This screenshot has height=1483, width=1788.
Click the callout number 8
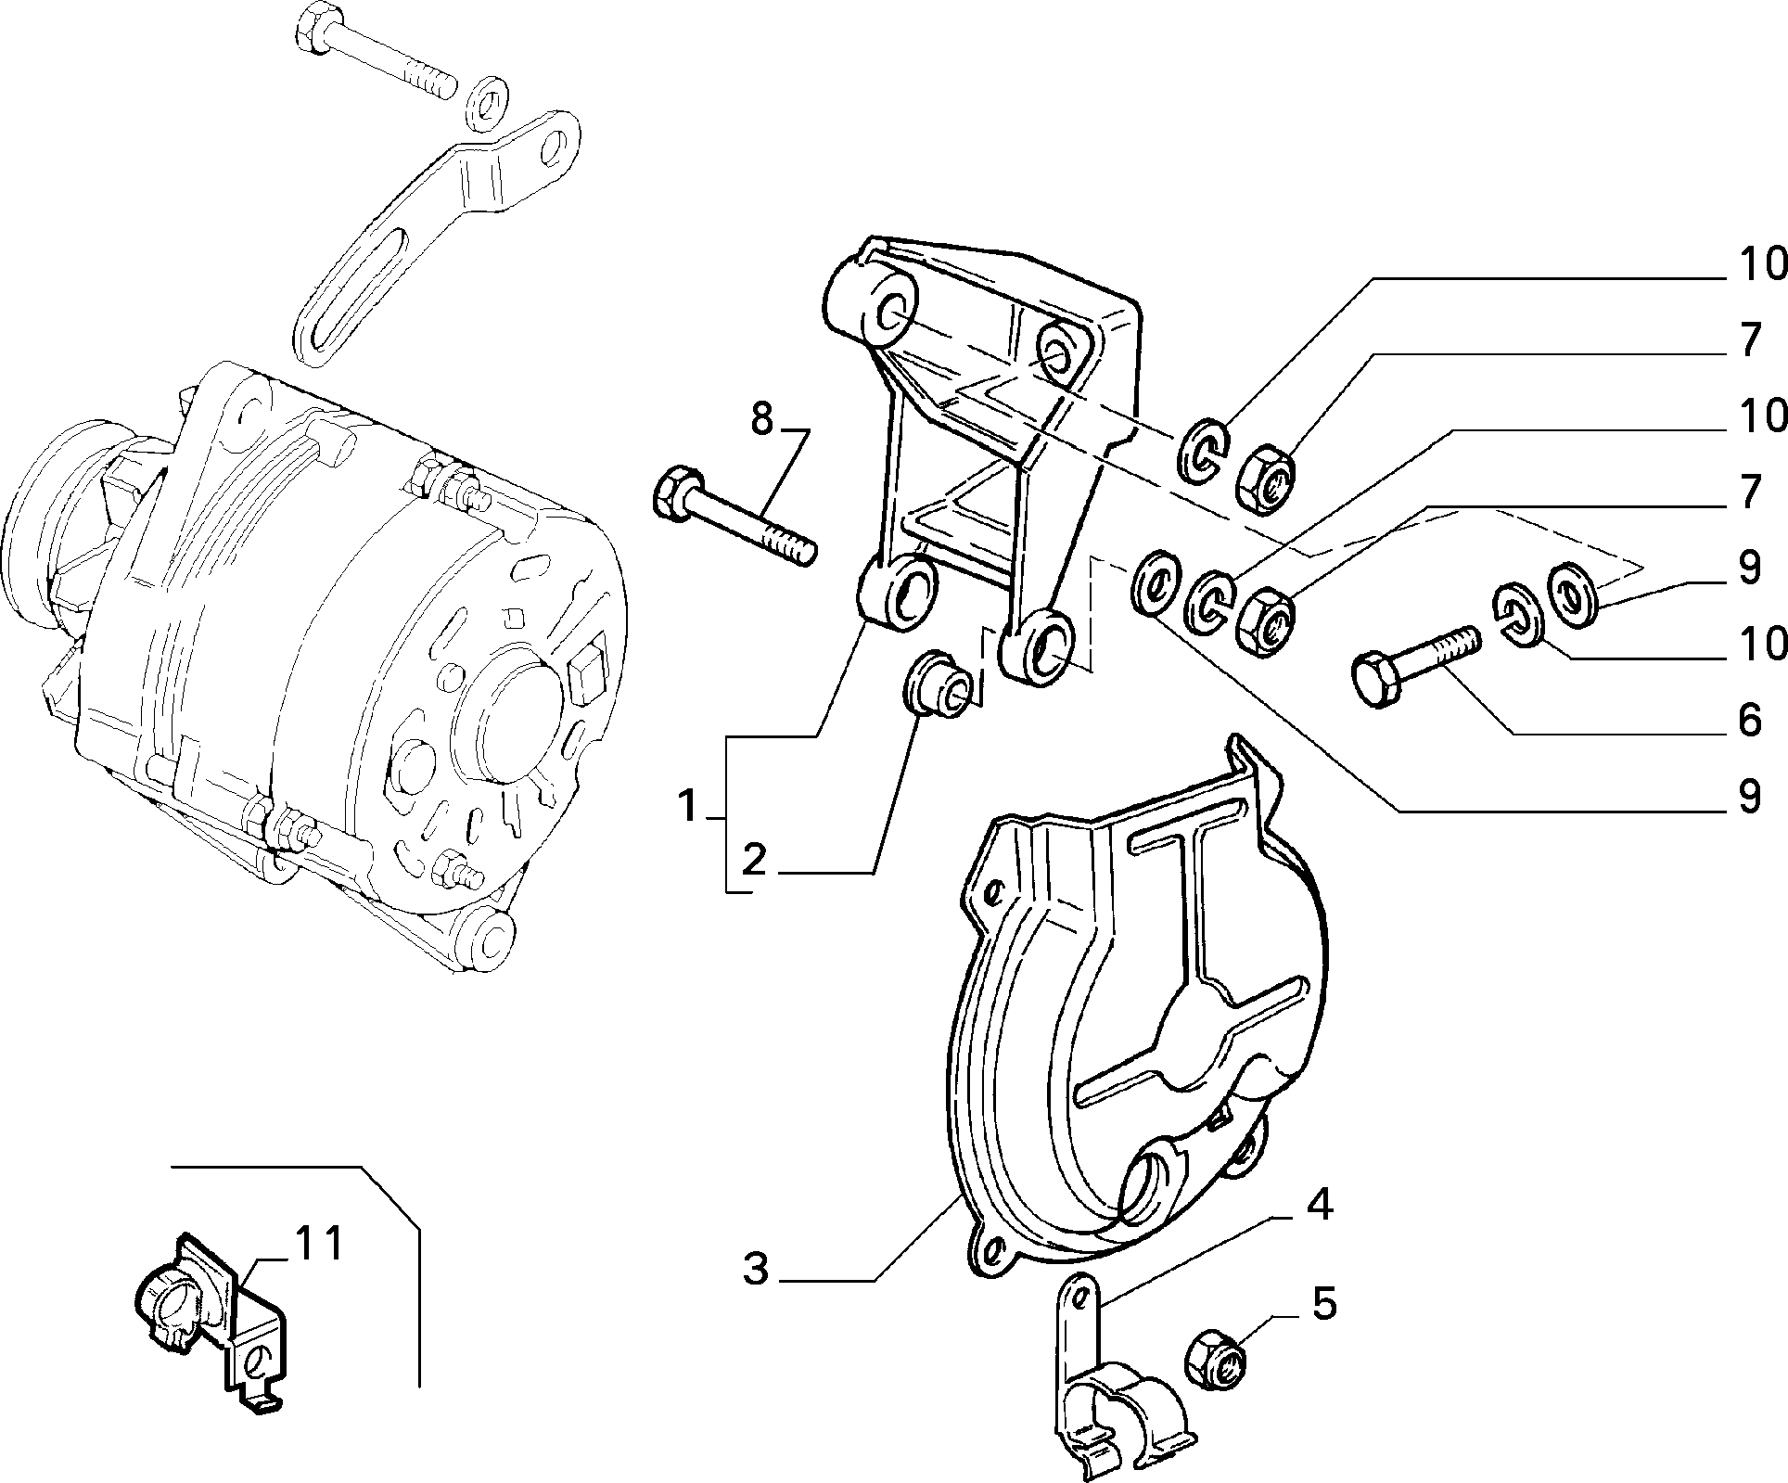[760, 419]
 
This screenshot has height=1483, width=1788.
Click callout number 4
[1323, 1305]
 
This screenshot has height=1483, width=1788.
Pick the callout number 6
[1748, 720]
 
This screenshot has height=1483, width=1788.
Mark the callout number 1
[686, 806]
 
